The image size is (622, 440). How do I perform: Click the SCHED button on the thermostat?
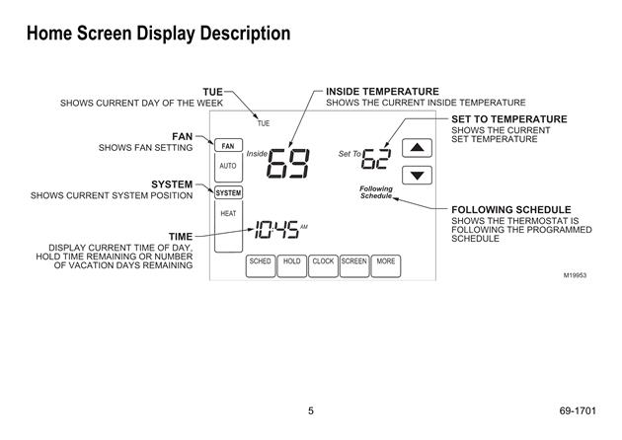pos(261,265)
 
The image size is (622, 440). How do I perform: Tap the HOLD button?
pos(291,265)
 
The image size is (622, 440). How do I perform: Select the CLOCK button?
pos(323,265)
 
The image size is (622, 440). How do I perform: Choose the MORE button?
pos(386,265)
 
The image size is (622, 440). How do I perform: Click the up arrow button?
pos(417,148)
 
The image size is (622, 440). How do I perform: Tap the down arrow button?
pos(417,176)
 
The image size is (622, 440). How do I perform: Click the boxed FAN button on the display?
pos(228,145)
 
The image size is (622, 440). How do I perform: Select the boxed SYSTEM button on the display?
pos(228,193)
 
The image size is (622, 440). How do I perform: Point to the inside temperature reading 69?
pos(288,164)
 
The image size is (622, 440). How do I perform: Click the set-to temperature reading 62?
pos(376,159)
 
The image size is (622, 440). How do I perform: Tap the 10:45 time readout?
pos(276,230)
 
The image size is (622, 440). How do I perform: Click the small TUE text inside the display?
pos(264,123)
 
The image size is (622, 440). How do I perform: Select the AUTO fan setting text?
pos(228,166)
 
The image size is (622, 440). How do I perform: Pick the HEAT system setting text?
pos(228,214)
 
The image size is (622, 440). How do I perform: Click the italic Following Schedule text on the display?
pos(376,192)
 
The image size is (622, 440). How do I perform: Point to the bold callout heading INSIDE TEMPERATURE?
pos(382,92)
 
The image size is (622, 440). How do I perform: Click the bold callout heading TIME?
pos(181,237)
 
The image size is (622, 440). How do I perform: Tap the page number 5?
pos(311,411)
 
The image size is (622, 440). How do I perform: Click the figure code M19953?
pos(575,275)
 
